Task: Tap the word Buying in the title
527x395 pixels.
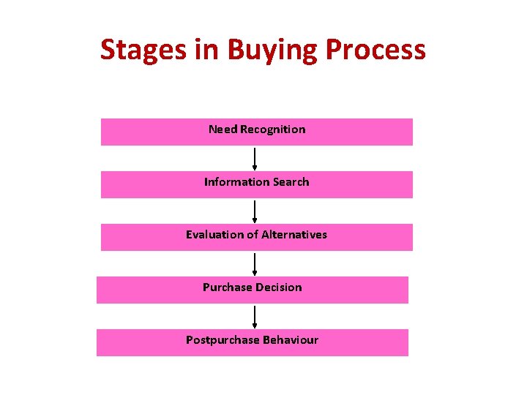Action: pyautogui.click(x=272, y=50)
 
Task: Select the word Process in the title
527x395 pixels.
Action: pyautogui.click(x=375, y=50)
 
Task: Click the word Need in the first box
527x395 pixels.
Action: pyautogui.click(x=223, y=129)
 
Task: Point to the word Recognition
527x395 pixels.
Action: pyautogui.click(x=273, y=129)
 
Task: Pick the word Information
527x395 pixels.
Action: pyautogui.click(x=236, y=182)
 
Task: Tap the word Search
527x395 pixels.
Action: pyautogui.click(x=291, y=182)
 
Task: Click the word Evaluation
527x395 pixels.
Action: pyautogui.click(x=213, y=235)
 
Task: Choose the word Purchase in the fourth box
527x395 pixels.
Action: pyautogui.click(x=227, y=287)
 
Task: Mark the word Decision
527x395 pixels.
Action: pyautogui.click(x=278, y=287)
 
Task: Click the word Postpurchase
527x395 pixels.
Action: pyautogui.click(x=220, y=340)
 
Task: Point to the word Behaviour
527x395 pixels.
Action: pyautogui.click(x=288, y=340)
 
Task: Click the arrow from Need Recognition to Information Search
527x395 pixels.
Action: pyautogui.click(x=255, y=159)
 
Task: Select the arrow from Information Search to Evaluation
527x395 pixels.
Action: pyautogui.click(x=255, y=211)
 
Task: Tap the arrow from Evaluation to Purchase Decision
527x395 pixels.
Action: pyautogui.click(x=255, y=264)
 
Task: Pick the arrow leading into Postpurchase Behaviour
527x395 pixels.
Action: pyautogui.click(x=255, y=317)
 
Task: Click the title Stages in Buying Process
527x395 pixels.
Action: pyautogui.click(x=263, y=50)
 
